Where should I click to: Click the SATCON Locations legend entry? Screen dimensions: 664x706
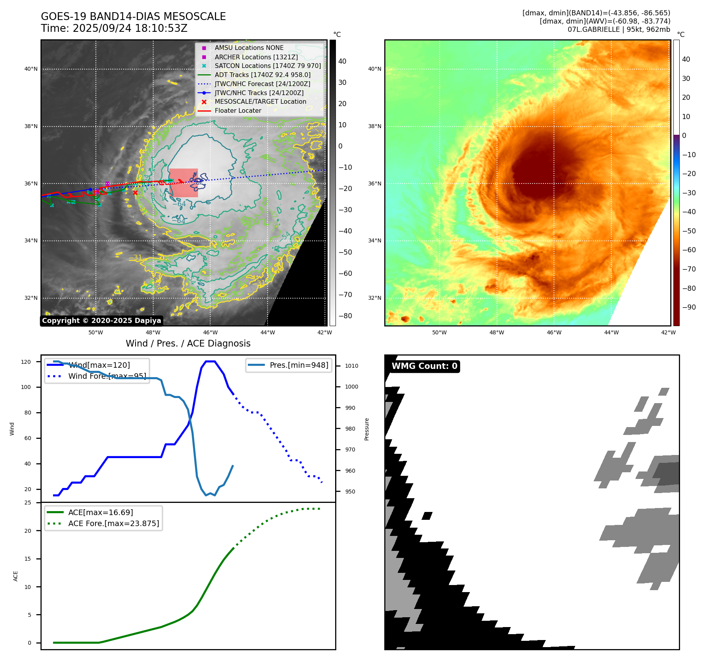click(x=268, y=66)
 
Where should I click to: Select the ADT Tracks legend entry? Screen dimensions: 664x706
click(x=262, y=75)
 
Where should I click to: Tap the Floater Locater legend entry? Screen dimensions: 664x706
click(x=238, y=110)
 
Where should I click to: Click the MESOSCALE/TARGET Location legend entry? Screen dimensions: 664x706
click(x=260, y=101)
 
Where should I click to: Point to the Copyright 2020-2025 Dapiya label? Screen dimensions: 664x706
click(x=101, y=321)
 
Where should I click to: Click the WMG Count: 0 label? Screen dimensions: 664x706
click(x=424, y=366)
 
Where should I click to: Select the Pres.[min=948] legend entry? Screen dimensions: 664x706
click(x=299, y=365)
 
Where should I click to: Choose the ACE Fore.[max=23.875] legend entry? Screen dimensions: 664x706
click(x=114, y=523)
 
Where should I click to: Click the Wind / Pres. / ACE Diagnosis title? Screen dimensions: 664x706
click(x=188, y=343)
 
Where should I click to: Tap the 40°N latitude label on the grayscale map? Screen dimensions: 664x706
click(x=31, y=69)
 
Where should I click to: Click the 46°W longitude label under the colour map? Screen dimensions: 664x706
click(x=554, y=332)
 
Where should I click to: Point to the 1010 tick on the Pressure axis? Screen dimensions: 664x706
click(x=352, y=366)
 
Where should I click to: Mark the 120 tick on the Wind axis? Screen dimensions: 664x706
click(x=26, y=362)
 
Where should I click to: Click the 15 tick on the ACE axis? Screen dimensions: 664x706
click(x=28, y=559)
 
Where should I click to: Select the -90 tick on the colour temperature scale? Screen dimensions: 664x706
click(x=689, y=307)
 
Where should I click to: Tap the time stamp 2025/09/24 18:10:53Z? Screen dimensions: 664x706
click(x=130, y=28)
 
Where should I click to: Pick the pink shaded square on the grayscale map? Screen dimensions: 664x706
click(x=183, y=183)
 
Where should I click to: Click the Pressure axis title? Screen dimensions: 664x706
click(x=367, y=429)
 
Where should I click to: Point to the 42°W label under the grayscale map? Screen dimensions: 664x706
click(x=325, y=332)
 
